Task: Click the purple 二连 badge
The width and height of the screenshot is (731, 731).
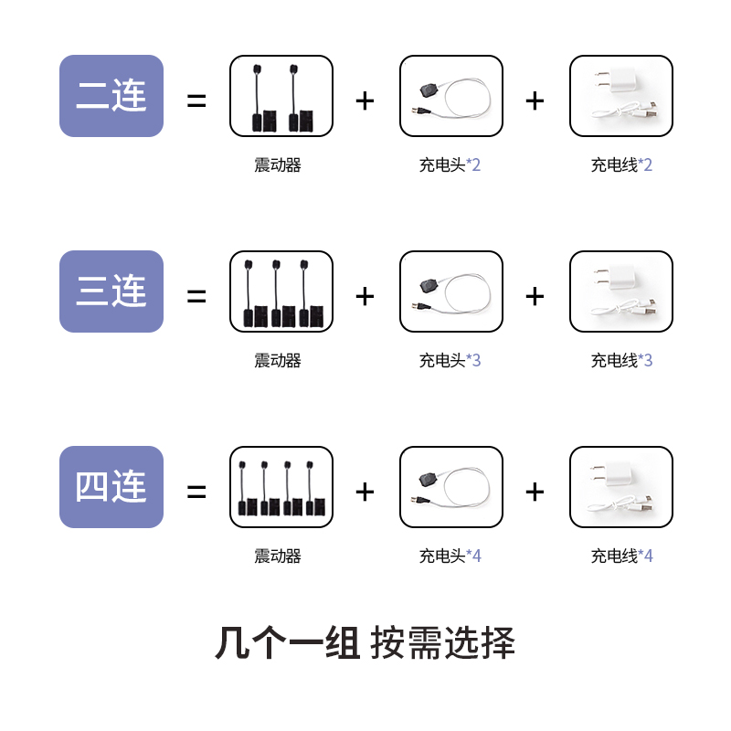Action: click(111, 96)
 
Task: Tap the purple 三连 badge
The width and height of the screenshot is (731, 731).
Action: click(111, 291)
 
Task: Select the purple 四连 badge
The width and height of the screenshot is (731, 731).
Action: click(111, 487)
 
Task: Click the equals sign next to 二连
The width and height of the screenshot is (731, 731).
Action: click(196, 101)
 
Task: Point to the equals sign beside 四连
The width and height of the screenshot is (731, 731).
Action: click(196, 493)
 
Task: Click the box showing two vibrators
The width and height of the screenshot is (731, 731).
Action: click(281, 97)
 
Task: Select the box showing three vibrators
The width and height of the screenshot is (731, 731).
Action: click(281, 291)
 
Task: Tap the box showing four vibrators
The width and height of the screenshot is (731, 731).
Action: click(281, 487)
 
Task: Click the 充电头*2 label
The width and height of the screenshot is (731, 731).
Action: click(450, 165)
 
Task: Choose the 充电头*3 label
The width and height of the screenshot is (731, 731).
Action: click(450, 361)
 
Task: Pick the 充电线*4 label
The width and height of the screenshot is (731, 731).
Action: click(621, 556)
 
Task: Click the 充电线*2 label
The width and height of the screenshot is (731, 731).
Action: click(621, 165)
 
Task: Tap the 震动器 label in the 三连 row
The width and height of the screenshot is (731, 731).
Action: click(278, 361)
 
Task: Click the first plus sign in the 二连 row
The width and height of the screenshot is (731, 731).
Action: click(365, 101)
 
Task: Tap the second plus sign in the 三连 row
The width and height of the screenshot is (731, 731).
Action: click(535, 296)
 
